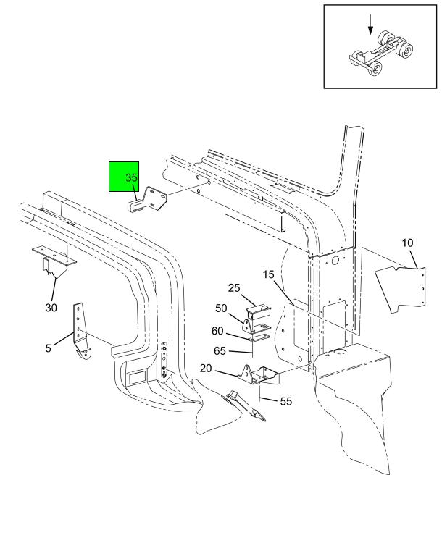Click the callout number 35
click(131, 177)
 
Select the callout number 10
click(407, 243)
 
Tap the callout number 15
click(268, 274)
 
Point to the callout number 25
click(234, 288)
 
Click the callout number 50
click(221, 308)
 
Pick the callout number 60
click(217, 331)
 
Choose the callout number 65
click(220, 350)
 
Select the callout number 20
click(206, 369)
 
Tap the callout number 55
click(286, 401)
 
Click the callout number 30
click(51, 308)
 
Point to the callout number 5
click(48, 348)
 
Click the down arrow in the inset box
click(370, 25)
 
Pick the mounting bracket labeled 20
click(259, 375)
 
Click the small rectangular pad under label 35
click(135, 204)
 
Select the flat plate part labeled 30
click(54, 254)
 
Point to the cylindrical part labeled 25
click(259, 311)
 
